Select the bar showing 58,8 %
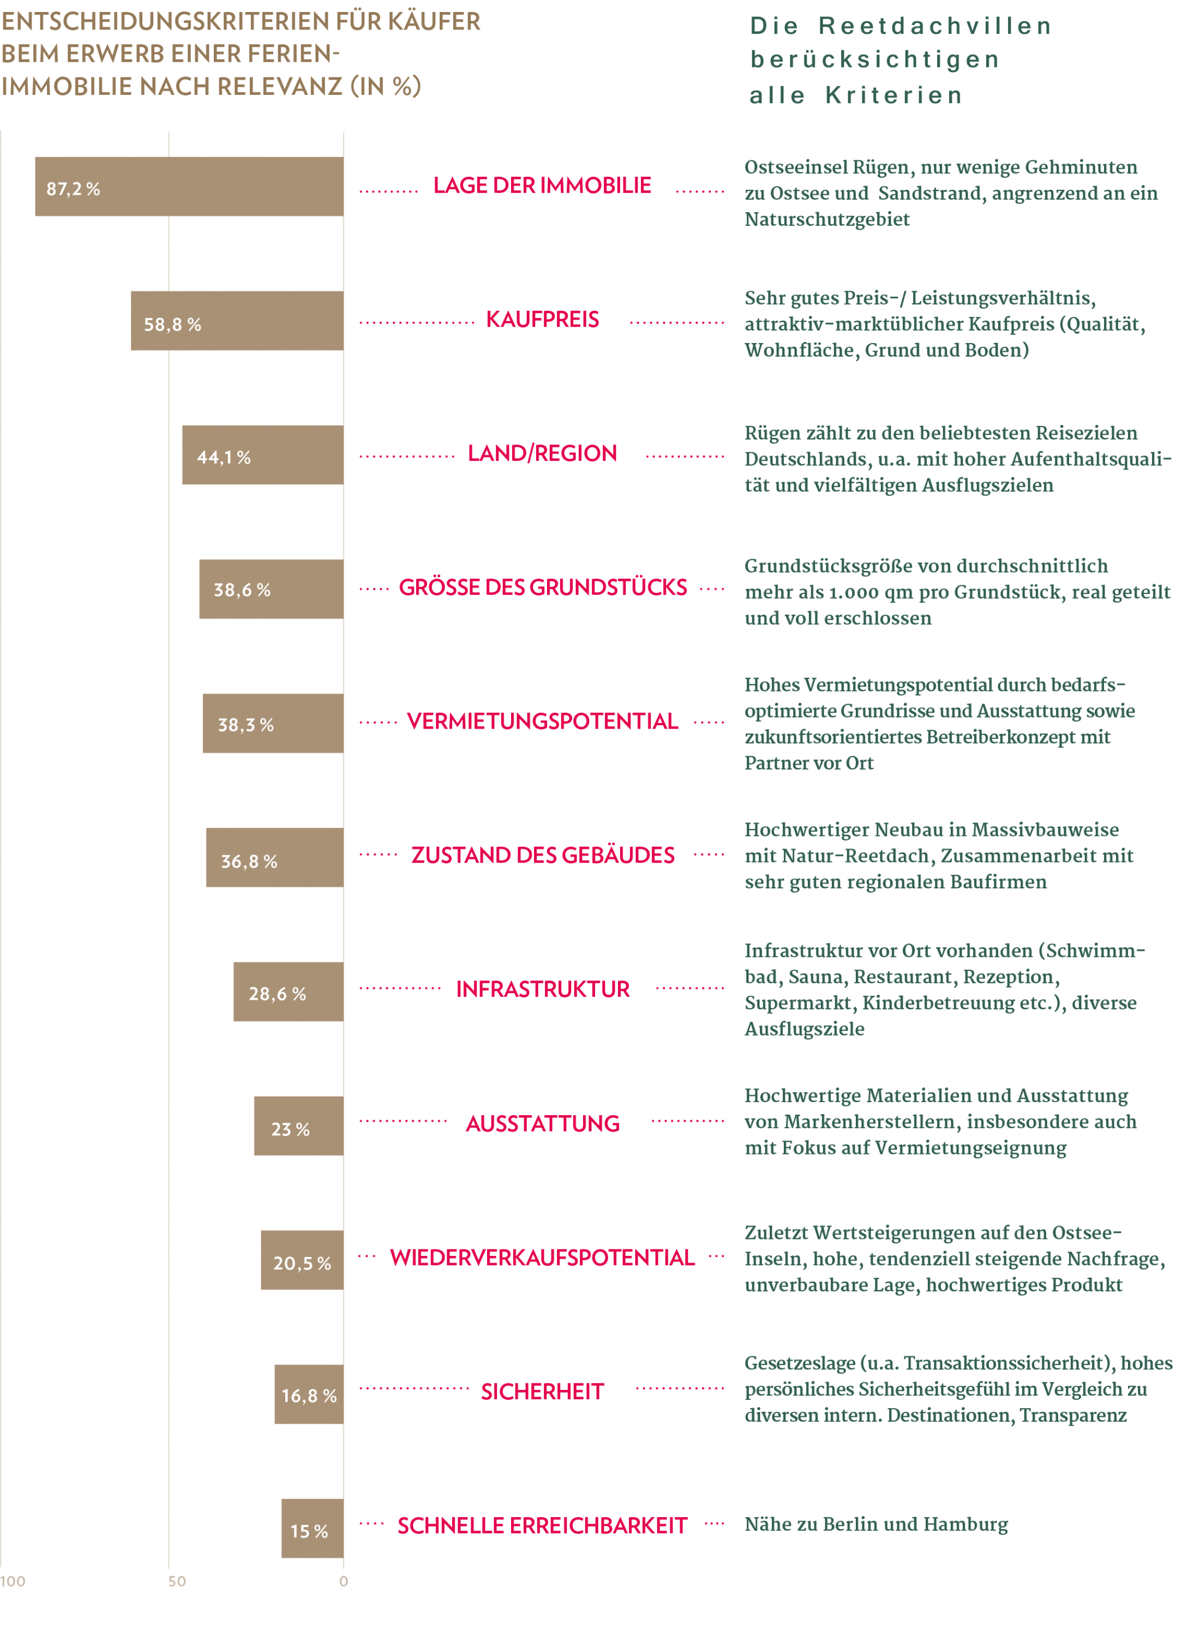(237, 321)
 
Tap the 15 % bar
(313, 1529)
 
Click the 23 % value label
(291, 1130)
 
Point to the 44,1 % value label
(224, 458)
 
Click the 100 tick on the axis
(13, 1581)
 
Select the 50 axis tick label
(177, 1581)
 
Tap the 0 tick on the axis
(344, 1581)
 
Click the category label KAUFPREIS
(543, 320)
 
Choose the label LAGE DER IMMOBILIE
(543, 185)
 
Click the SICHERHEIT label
(543, 1392)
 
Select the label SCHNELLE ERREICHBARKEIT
(543, 1526)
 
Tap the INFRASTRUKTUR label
(543, 990)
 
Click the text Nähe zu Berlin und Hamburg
(876, 1525)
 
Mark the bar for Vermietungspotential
(273, 723)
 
